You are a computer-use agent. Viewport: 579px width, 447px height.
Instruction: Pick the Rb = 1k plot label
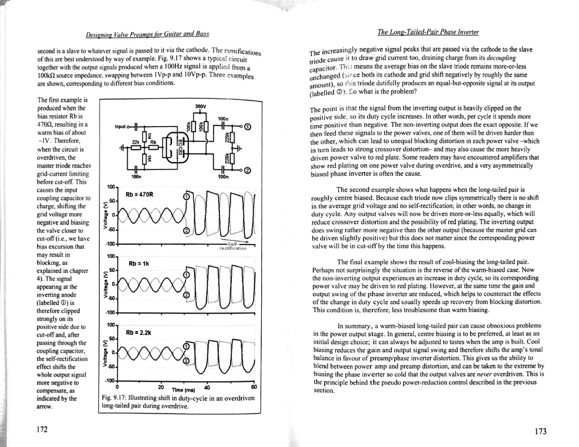coord(139,264)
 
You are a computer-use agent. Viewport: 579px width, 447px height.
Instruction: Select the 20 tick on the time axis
coord(161,387)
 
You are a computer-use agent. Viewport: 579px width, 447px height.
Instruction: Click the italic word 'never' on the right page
coord(496,374)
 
